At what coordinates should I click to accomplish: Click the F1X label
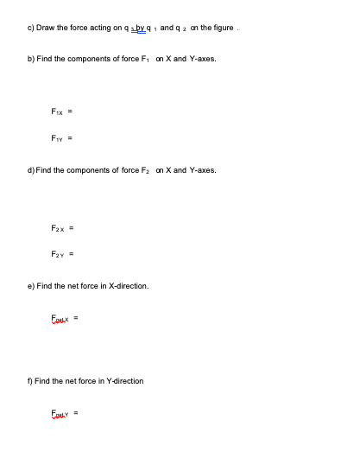click(57, 111)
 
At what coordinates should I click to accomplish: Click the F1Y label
click(57, 137)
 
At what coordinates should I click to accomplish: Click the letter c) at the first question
click(30, 28)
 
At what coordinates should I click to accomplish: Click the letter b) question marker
click(30, 59)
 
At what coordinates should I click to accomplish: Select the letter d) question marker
click(30, 171)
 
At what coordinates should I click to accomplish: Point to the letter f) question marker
click(29, 381)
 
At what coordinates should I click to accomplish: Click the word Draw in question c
click(47, 28)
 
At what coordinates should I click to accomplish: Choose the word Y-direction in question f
click(123, 381)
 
